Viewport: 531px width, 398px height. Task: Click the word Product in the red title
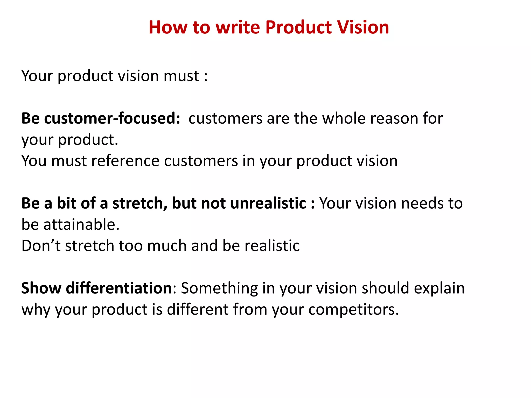298,27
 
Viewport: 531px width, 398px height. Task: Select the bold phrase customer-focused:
112,118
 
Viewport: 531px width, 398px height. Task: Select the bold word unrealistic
268,203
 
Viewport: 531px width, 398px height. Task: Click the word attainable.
81,224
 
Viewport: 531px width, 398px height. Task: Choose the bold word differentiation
119,288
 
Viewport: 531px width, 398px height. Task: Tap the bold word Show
41,288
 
